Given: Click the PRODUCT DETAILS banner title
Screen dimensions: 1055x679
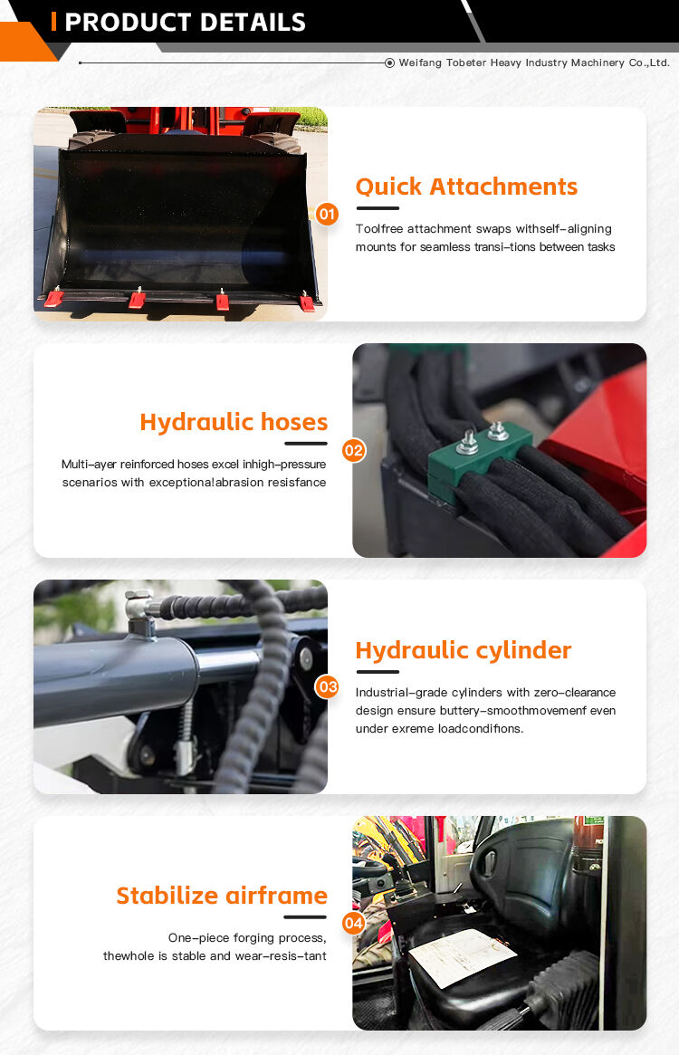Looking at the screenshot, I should (185, 22).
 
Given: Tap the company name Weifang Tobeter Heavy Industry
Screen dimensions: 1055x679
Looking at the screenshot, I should (534, 62).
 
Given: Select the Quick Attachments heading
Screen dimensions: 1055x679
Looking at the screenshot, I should (466, 187).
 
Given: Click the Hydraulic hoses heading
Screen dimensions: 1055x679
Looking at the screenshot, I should (234, 422).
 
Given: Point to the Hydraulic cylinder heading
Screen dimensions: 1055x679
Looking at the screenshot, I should (464, 650).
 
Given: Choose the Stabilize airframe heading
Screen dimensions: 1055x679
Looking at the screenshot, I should (222, 896).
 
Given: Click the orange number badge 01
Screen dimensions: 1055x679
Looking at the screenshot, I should (327, 215).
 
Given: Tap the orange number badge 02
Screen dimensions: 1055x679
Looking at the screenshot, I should (354, 450).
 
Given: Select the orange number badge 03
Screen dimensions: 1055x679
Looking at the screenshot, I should (327, 686).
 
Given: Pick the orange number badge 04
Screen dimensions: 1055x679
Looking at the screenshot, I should (354, 923).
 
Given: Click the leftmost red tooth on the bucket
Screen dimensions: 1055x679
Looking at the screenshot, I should (54, 298).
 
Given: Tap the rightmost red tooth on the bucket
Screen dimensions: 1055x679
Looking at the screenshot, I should (307, 302).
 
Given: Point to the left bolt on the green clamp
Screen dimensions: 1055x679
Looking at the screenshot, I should (468, 442).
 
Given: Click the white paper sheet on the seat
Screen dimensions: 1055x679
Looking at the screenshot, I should (463, 956).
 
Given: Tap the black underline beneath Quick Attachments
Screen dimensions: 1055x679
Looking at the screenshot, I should (378, 208).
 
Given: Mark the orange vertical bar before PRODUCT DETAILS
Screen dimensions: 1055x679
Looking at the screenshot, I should (54, 22).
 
